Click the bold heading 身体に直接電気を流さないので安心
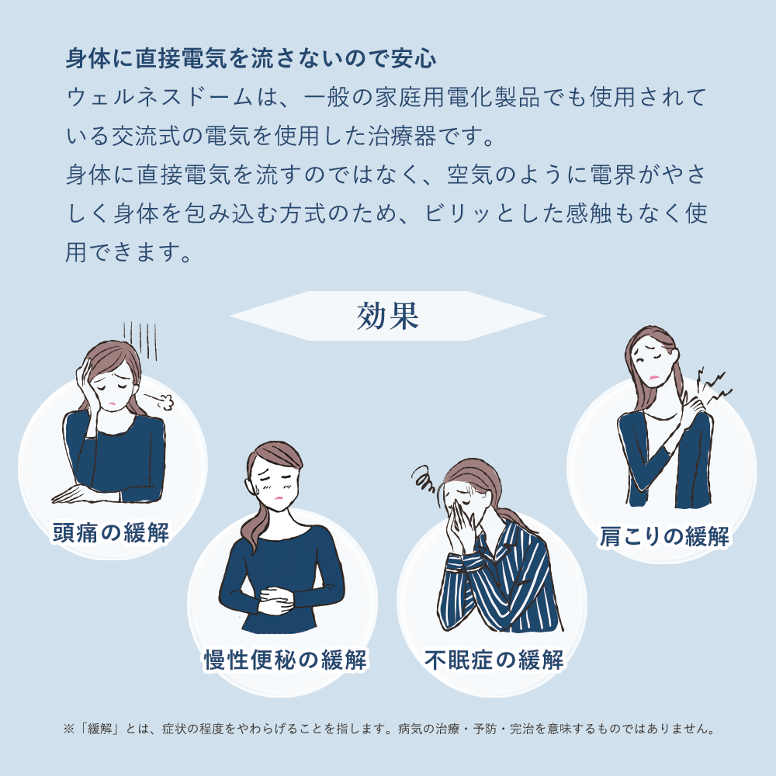point(251,58)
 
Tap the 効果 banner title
point(388,316)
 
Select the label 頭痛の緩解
point(111,532)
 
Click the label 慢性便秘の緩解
point(286,660)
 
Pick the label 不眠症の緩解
point(494,660)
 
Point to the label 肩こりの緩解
point(664,536)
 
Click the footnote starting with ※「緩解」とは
point(389,729)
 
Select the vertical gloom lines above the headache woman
point(140,341)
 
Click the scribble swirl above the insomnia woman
point(424,479)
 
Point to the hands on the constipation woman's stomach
point(276,600)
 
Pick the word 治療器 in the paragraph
point(402,136)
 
